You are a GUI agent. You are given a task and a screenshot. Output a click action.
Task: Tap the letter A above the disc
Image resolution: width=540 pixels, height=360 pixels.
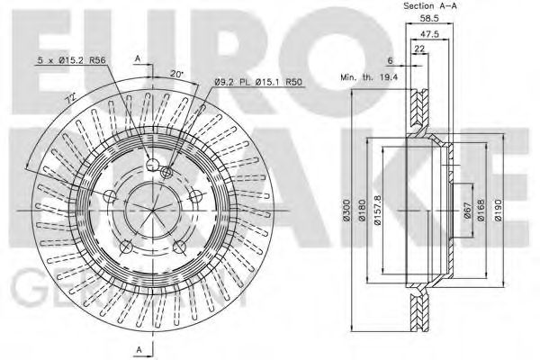[137, 58]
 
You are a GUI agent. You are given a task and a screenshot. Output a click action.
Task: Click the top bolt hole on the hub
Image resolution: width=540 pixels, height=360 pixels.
[151, 164]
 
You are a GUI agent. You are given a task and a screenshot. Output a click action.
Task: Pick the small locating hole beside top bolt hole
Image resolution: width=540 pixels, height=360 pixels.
[166, 172]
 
